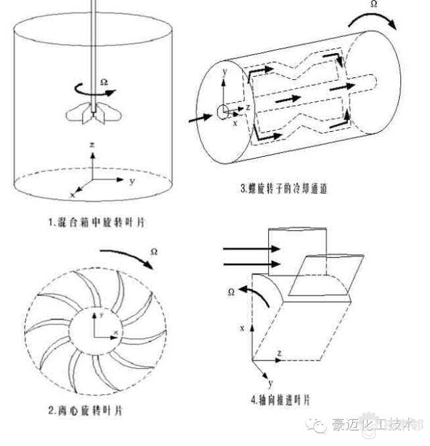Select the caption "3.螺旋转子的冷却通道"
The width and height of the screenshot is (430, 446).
tap(287, 189)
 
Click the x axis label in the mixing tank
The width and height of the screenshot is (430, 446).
tap(71, 194)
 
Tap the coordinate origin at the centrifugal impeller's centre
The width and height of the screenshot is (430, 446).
tap(95, 334)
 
